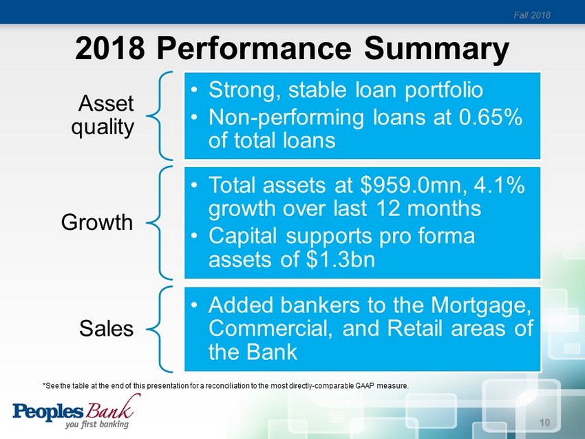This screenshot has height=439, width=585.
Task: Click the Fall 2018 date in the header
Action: (531, 15)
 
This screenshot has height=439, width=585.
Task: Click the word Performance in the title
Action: (254, 48)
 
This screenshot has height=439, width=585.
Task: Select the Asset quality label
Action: (103, 115)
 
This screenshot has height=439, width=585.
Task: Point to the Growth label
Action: (97, 222)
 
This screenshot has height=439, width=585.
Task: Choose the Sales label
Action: (106, 329)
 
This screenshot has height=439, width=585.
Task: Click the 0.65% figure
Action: (490, 117)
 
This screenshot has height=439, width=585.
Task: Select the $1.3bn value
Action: (340, 259)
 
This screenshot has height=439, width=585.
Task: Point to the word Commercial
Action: (270, 329)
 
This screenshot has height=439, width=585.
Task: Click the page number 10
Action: (544, 422)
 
